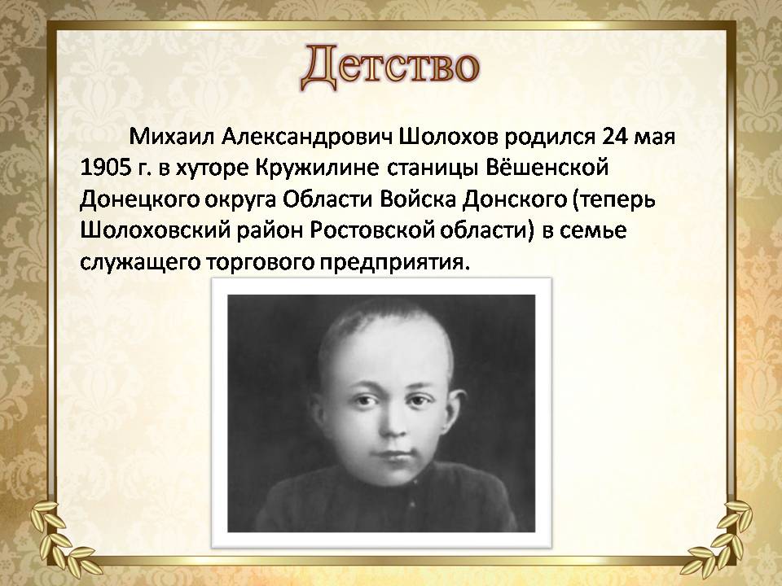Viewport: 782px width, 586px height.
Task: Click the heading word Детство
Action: point(390,68)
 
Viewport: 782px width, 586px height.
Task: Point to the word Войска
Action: point(417,199)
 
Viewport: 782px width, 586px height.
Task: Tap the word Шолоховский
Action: point(154,231)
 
